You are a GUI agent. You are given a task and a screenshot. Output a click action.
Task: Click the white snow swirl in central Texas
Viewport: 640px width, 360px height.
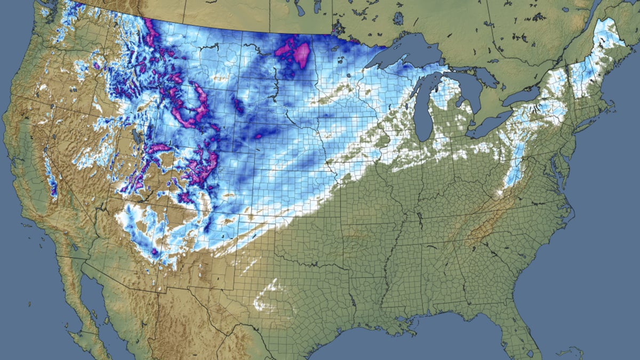(x=267, y=299)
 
